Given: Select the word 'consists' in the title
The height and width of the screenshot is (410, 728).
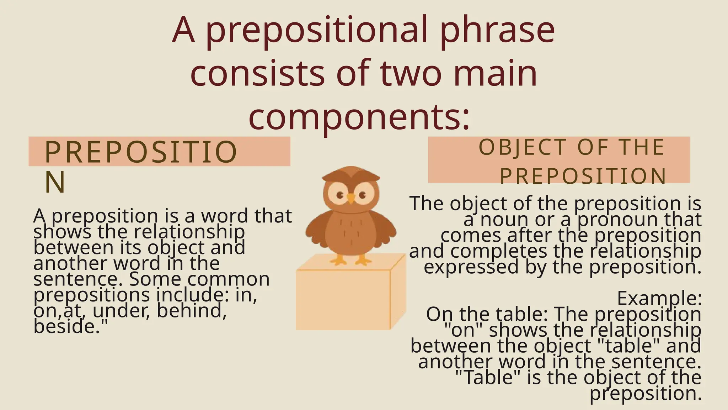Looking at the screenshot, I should [x=257, y=73].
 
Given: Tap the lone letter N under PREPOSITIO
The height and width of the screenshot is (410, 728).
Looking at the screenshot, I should [x=55, y=182].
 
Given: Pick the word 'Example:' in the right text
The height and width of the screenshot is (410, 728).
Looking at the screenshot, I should [x=659, y=298].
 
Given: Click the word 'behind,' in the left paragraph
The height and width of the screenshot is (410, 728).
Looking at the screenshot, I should [x=192, y=310].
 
